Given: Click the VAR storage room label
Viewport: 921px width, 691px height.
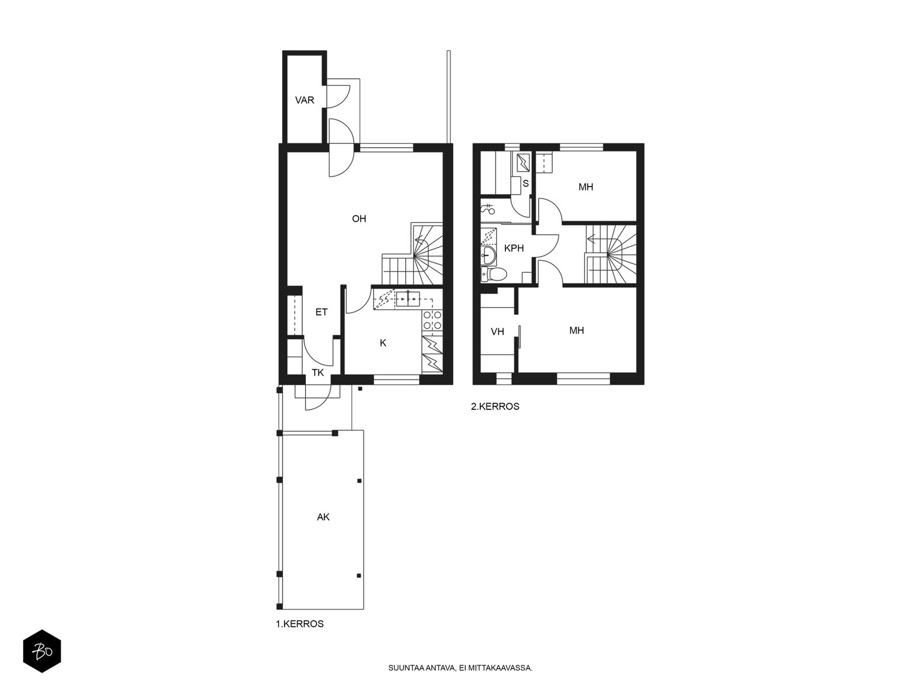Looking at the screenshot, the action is click(305, 100).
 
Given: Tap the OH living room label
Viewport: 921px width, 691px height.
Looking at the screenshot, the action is click(359, 219).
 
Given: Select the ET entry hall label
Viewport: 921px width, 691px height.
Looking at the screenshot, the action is click(321, 312).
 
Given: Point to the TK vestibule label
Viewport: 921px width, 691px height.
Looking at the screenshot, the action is click(318, 373).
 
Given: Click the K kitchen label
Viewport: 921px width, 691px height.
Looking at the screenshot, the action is click(383, 343).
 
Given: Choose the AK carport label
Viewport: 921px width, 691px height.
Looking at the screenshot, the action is click(323, 517).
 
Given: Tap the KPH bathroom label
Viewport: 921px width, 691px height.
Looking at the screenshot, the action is click(514, 248).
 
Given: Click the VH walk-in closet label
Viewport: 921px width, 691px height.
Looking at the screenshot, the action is click(498, 332).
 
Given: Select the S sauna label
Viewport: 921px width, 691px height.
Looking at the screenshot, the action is click(526, 183).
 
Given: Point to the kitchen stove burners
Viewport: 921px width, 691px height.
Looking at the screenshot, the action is click(432, 320).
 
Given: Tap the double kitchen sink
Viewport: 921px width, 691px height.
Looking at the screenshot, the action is click(408, 299).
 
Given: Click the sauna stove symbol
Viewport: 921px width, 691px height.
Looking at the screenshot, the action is click(523, 163).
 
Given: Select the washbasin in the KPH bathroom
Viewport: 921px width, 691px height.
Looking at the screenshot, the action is click(488, 253).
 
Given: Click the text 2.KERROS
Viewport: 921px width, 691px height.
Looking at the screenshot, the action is click(495, 407).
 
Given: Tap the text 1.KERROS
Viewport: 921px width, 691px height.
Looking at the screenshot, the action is click(299, 624).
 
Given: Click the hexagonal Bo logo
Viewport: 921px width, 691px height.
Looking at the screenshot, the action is click(42, 651).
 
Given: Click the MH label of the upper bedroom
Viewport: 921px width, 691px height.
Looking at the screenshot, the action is click(586, 187).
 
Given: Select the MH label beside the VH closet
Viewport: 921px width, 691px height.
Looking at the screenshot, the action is click(577, 331).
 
